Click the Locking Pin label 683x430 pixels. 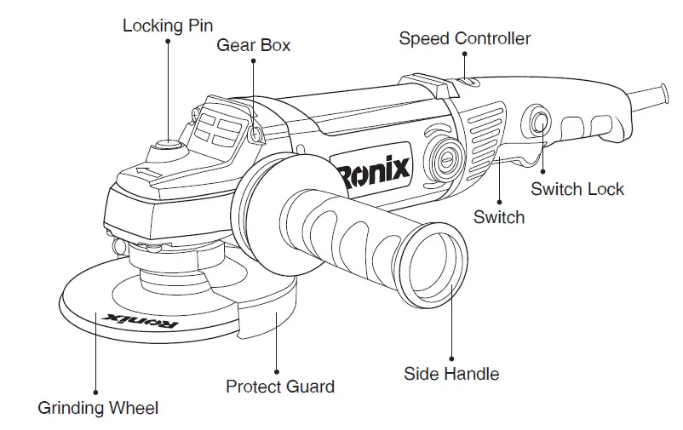coord(168,25)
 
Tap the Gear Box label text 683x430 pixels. coord(253,45)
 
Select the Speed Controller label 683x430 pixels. coord(464,38)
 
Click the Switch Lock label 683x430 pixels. coord(577,188)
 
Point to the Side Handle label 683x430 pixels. coord(451,373)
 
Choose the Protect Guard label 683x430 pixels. coord(279,387)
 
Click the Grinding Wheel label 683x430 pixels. coord(98,408)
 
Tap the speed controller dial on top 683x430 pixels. coord(465,83)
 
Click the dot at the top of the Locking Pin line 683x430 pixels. coord(168,43)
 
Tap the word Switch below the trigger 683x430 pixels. coord(499,217)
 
